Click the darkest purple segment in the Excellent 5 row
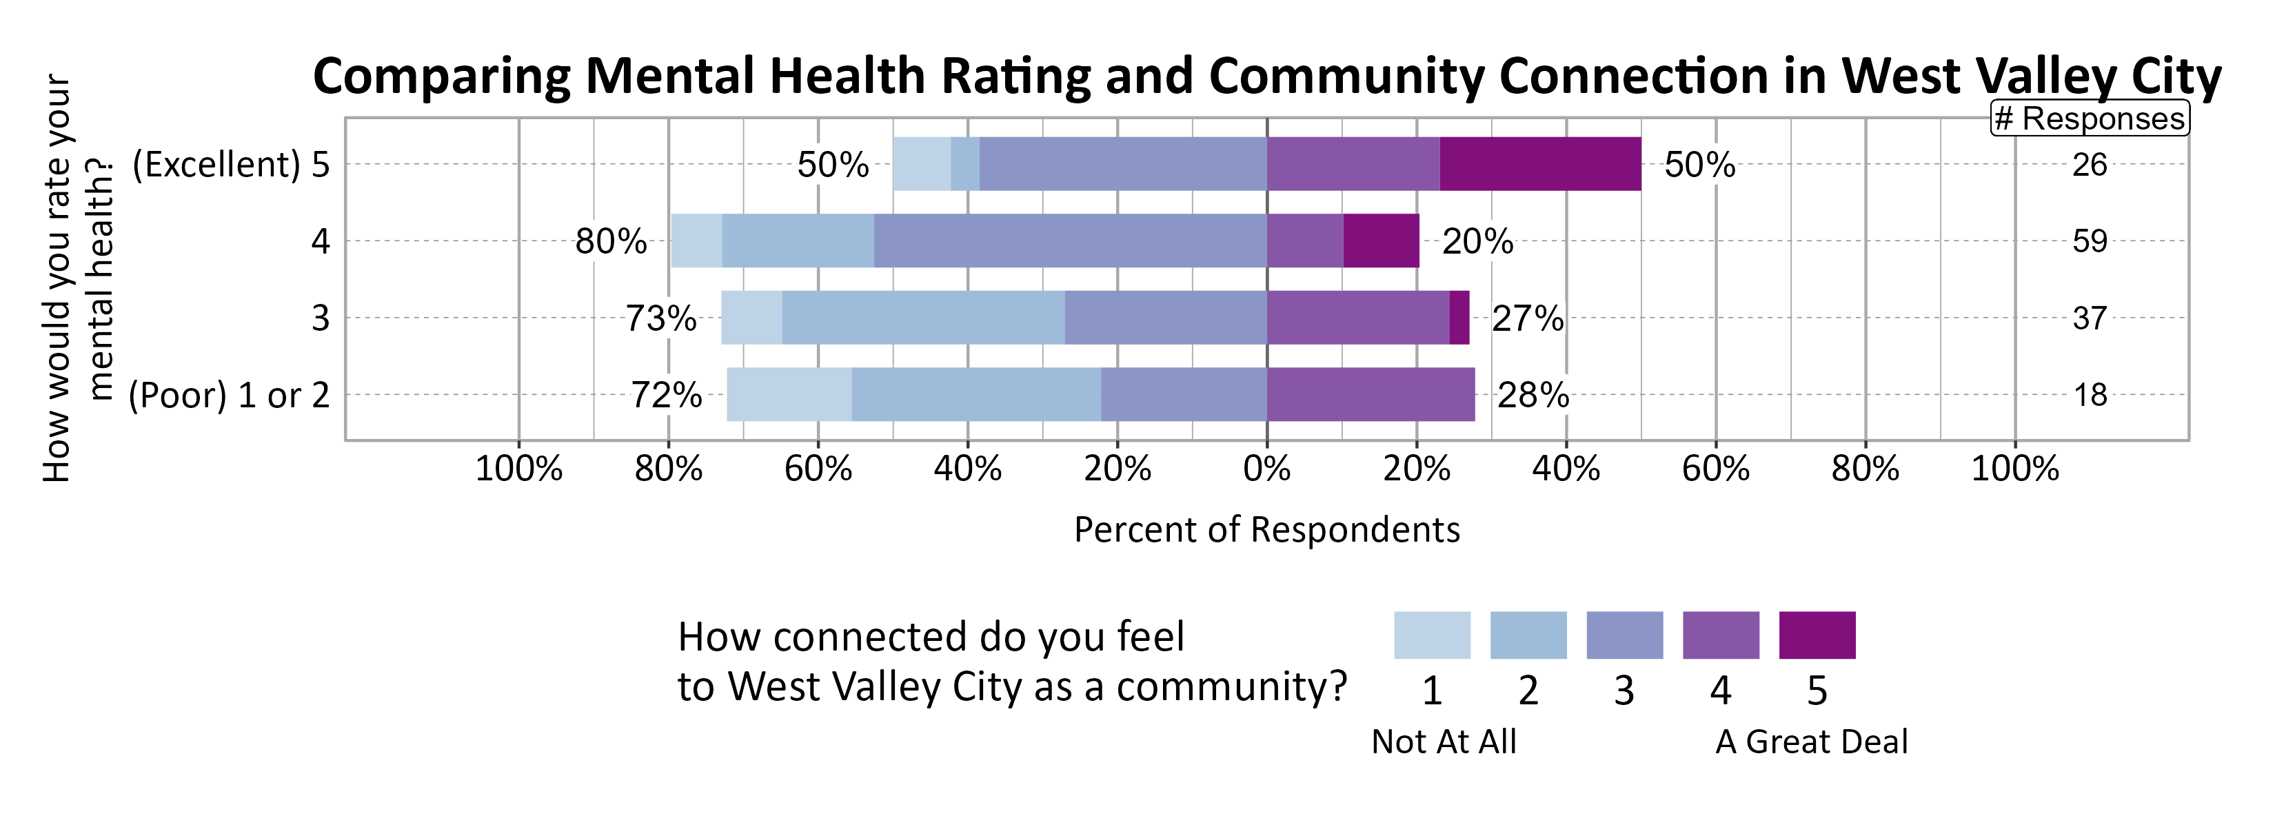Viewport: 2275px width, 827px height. (x=1540, y=164)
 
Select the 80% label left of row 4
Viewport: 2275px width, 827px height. (x=610, y=241)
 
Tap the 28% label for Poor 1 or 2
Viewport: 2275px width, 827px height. (x=1533, y=394)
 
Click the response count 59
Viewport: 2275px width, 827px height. (x=2090, y=241)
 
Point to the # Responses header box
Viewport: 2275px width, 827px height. (x=2090, y=119)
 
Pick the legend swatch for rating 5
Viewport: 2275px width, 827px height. (x=1817, y=635)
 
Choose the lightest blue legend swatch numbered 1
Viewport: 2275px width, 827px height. (x=1432, y=635)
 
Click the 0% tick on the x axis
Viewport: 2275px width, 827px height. (x=1266, y=468)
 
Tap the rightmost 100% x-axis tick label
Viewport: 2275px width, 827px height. (x=2014, y=468)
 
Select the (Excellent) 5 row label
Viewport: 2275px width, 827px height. (x=230, y=164)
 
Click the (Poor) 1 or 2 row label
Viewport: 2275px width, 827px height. (x=229, y=394)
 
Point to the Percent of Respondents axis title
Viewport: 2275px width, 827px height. (x=1266, y=529)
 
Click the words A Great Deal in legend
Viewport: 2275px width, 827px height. (x=1810, y=742)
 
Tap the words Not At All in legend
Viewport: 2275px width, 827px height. (x=1443, y=742)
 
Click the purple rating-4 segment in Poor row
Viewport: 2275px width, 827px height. (x=1371, y=394)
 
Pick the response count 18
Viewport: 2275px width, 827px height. (x=2090, y=394)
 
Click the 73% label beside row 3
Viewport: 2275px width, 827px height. (x=660, y=318)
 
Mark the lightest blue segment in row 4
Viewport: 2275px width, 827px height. (x=696, y=241)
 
